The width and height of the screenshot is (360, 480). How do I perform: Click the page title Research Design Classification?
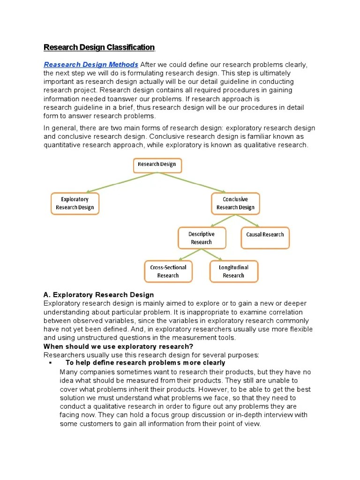99,47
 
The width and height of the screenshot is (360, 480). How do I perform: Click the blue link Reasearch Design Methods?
91,65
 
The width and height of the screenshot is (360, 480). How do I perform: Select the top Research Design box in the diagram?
157,165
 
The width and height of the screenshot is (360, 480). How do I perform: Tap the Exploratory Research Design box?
75,203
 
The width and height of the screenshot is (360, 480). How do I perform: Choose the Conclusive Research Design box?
235,203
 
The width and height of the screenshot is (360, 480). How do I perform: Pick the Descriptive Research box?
202,238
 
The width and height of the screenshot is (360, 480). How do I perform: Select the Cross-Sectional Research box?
168,271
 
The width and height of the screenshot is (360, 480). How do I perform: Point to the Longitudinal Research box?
233,271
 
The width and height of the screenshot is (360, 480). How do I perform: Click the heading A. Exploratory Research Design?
98,295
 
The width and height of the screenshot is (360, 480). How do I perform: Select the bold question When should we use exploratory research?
112,346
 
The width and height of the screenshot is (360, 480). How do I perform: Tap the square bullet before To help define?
49,363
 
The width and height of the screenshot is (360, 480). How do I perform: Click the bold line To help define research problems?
145,363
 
